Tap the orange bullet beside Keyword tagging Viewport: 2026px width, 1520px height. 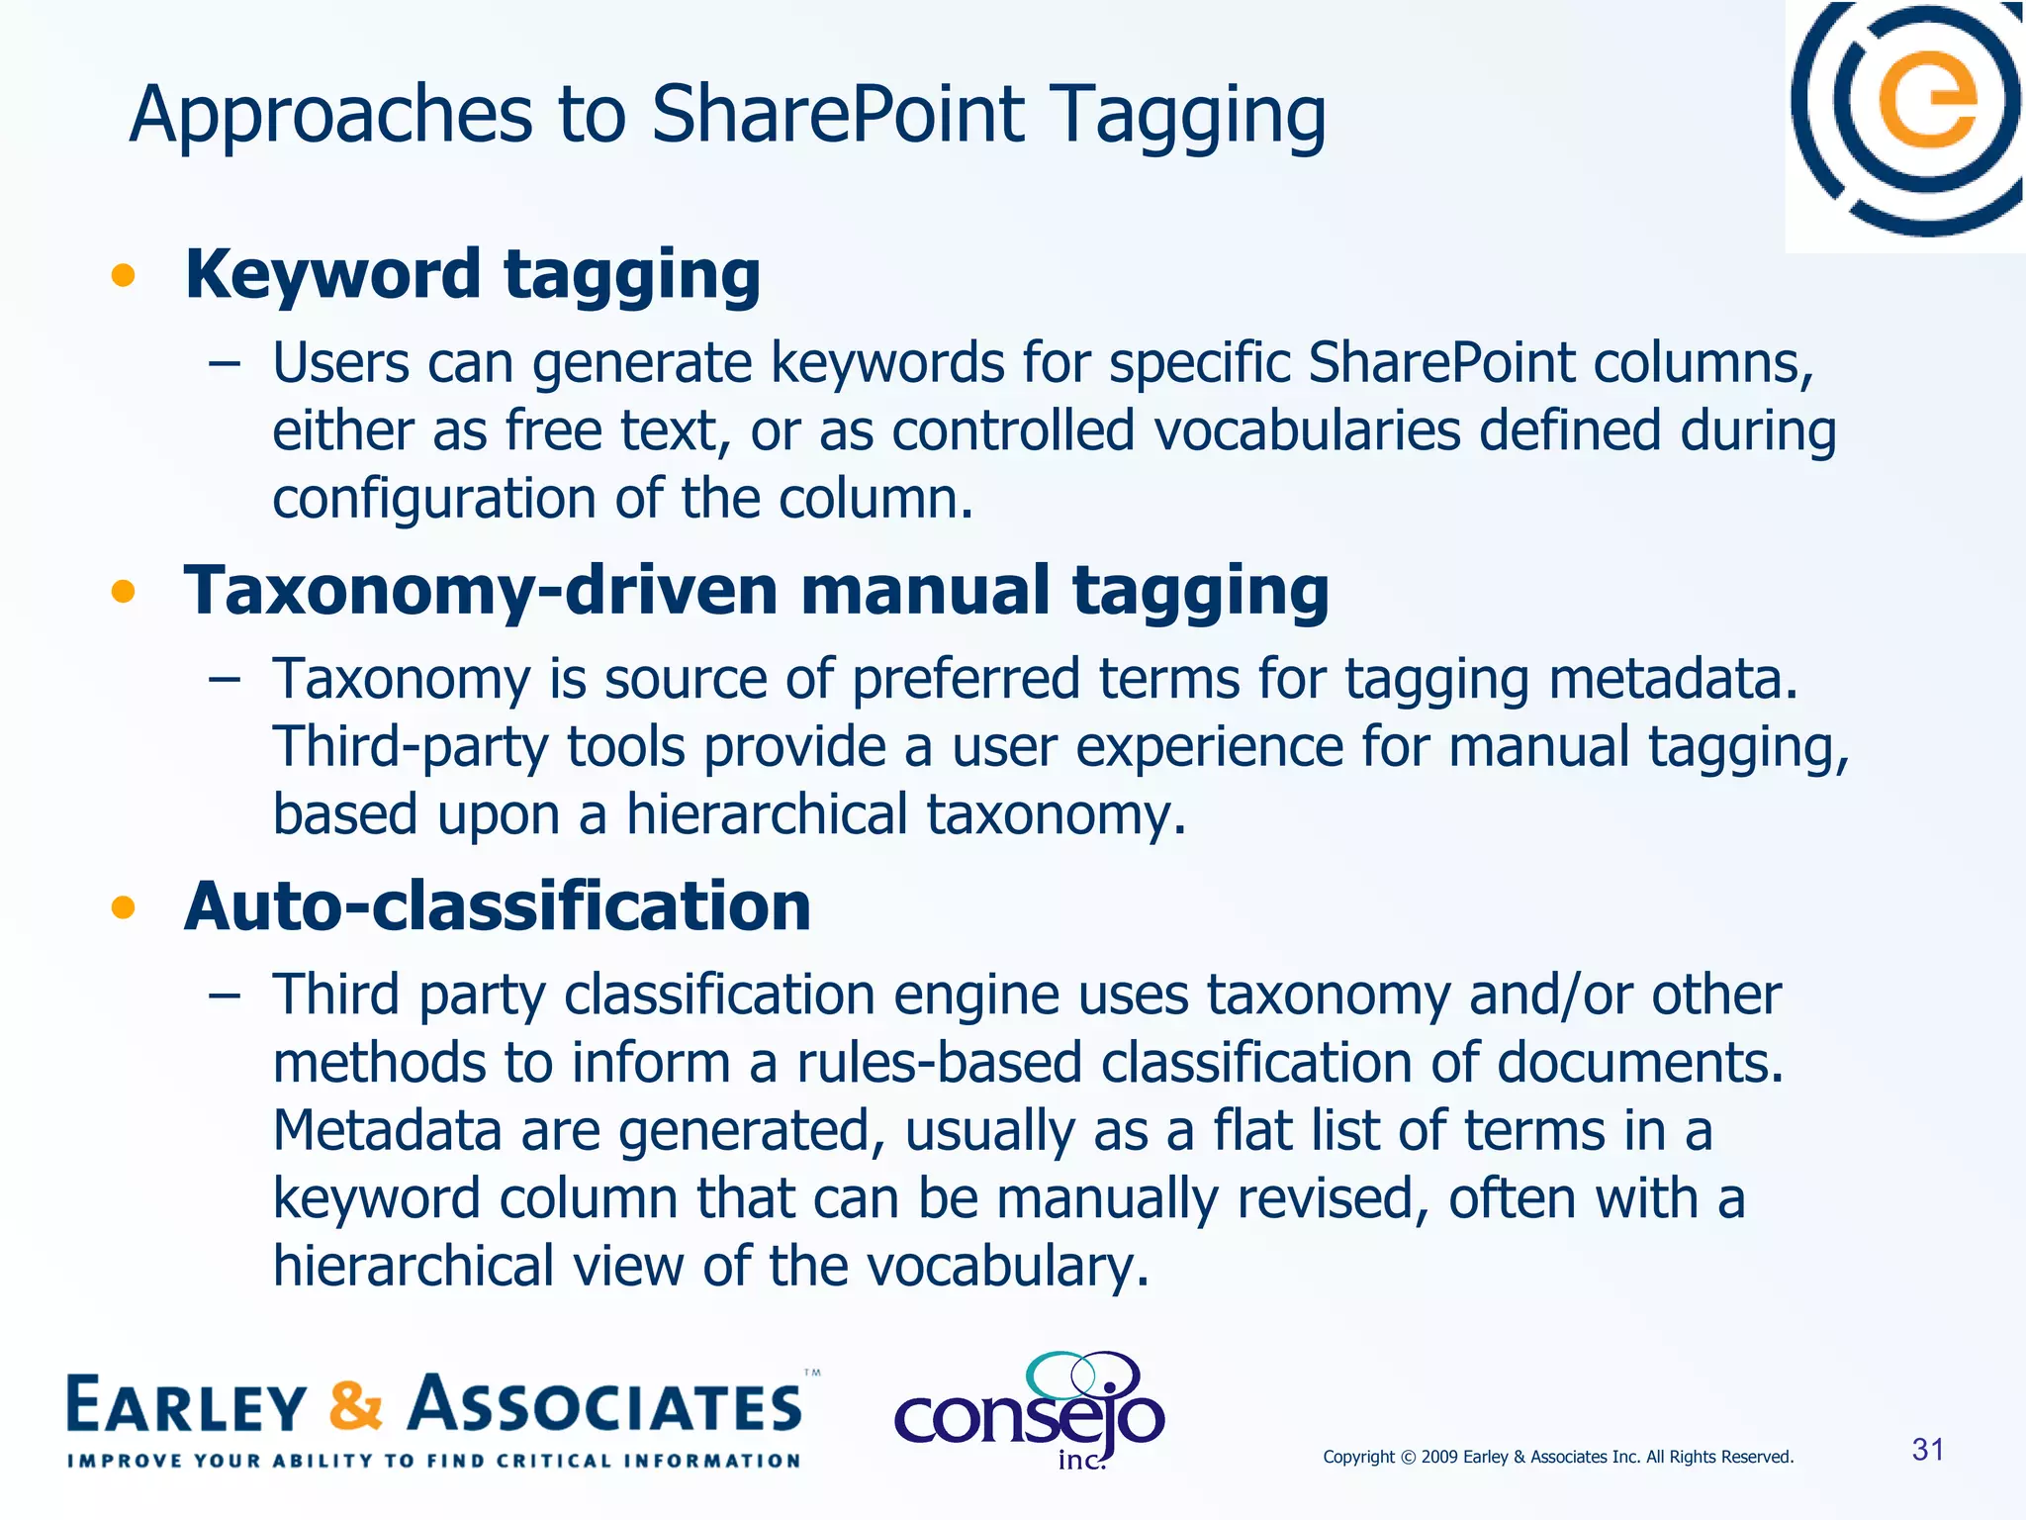click(123, 275)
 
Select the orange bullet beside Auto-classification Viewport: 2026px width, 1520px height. click(123, 906)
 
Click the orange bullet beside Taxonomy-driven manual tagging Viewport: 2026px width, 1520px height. click(123, 592)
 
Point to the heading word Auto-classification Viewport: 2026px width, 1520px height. click(498, 906)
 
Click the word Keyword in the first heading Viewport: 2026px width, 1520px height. click(332, 274)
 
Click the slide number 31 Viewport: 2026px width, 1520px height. click(1928, 1450)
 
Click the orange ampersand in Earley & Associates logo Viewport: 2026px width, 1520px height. click(355, 1406)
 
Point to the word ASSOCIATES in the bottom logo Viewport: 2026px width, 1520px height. click(605, 1406)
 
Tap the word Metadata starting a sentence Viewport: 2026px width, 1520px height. click(387, 1130)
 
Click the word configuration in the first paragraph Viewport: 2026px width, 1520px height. click(434, 498)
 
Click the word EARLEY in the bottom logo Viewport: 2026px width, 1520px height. click(187, 1406)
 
